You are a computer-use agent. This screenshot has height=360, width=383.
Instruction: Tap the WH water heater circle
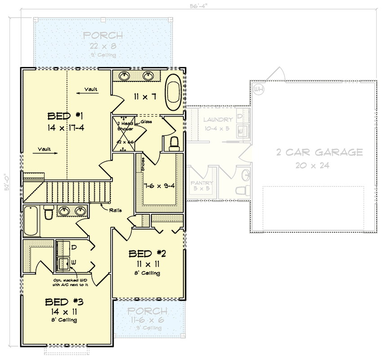click(x=258, y=88)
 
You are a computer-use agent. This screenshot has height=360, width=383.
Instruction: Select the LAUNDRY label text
click(x=218, y=120)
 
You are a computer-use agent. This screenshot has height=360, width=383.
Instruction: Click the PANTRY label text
click(x=202, y=183)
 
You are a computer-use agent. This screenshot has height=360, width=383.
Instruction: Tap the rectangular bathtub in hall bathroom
click(x=31, y=220)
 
